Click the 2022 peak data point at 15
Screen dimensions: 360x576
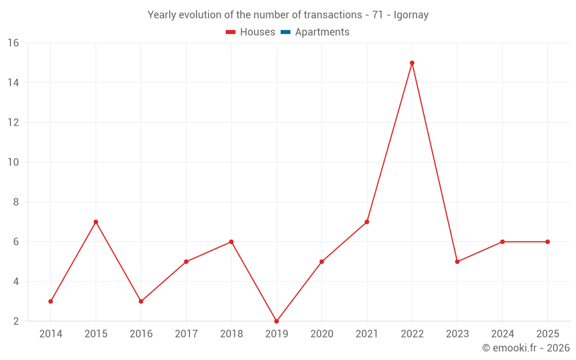coord(412,63)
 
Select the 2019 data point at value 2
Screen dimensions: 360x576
coord(276,321)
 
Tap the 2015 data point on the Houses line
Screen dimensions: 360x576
coord(96,222)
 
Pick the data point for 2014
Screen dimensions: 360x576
coord(51,301)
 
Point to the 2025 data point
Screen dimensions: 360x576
coord(547,242)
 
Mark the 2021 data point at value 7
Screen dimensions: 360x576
coord(367,222)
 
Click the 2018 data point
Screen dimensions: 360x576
coord(231,242)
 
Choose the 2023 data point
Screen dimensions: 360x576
coord(457,262)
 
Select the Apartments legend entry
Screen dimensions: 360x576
coord(322,32)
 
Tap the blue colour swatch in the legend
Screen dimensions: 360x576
coord(285,32)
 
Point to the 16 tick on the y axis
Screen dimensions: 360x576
coord(13,43)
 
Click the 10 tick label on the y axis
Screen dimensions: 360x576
coord(13,162)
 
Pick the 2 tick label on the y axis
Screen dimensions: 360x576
coord(16,321)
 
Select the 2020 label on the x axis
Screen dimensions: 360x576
coord(321,334)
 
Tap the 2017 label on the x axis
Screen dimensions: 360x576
coord(186,334)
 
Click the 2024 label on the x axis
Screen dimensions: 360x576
coord(502,334)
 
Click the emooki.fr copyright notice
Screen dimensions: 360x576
coord(525,348)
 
